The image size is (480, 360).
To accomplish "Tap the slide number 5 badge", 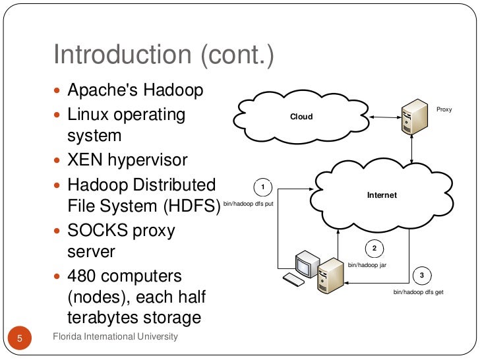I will [x=19, y=339].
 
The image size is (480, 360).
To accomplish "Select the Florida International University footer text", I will [x=115, y=337].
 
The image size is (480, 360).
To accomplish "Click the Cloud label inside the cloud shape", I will [x=301, y=117].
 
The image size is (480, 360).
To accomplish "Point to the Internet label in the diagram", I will [x=382, y=195].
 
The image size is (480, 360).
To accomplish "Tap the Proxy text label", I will [x=444, y=109].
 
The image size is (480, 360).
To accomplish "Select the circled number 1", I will [x=263, y=187].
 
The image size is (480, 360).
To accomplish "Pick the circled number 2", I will [x=374, y=249].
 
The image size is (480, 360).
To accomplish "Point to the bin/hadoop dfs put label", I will [x=248, y=204].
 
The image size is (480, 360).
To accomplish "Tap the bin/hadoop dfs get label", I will [x=418, y=291].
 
